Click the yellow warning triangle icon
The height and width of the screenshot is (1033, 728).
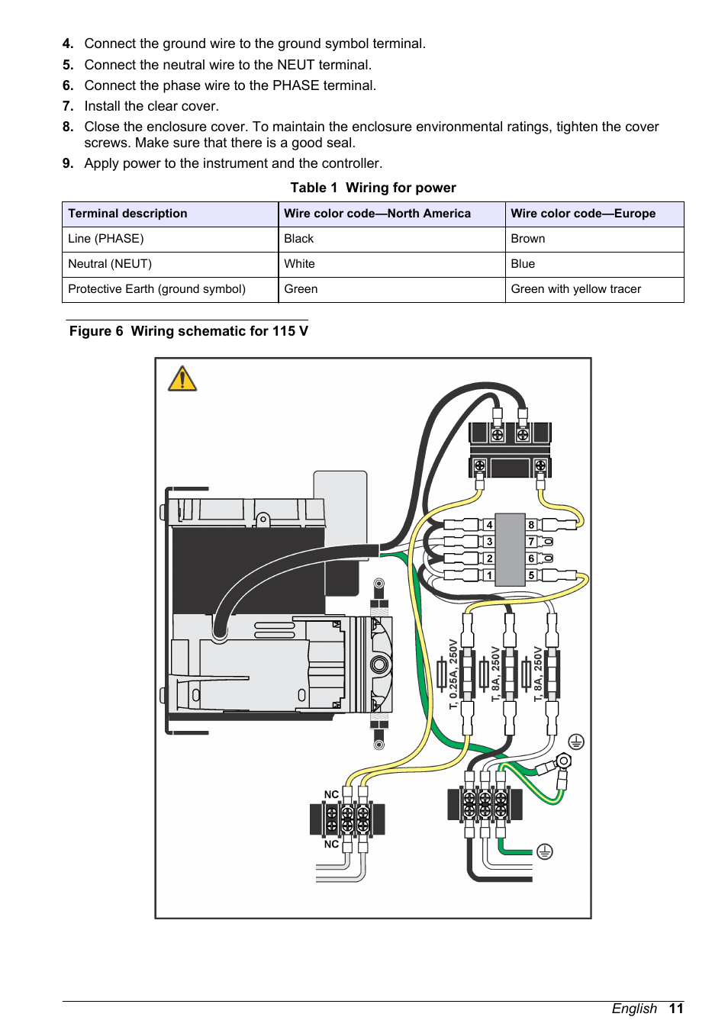182,379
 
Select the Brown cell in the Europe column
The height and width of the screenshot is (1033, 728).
528,239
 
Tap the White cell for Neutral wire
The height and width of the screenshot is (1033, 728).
299,264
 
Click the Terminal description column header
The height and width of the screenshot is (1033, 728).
127,214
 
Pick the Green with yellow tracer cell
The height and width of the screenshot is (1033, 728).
575,289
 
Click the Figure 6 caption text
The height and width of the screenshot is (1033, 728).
188,331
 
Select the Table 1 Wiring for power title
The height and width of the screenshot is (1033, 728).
372,188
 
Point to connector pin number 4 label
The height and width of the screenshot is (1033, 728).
489,525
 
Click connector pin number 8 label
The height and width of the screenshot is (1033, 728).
531,525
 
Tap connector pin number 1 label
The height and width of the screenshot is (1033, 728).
489,575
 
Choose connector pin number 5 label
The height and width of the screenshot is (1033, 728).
531,575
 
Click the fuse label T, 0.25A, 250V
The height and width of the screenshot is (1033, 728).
453,674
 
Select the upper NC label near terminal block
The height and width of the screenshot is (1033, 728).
331,794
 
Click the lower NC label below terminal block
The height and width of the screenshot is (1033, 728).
331,844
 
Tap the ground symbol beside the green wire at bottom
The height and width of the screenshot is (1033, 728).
544,851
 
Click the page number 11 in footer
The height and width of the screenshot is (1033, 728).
676,1009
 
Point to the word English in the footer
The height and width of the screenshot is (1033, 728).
633,1009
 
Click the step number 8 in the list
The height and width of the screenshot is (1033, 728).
68,127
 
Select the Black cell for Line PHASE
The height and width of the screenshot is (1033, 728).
298,239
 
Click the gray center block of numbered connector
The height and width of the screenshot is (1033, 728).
510,549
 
